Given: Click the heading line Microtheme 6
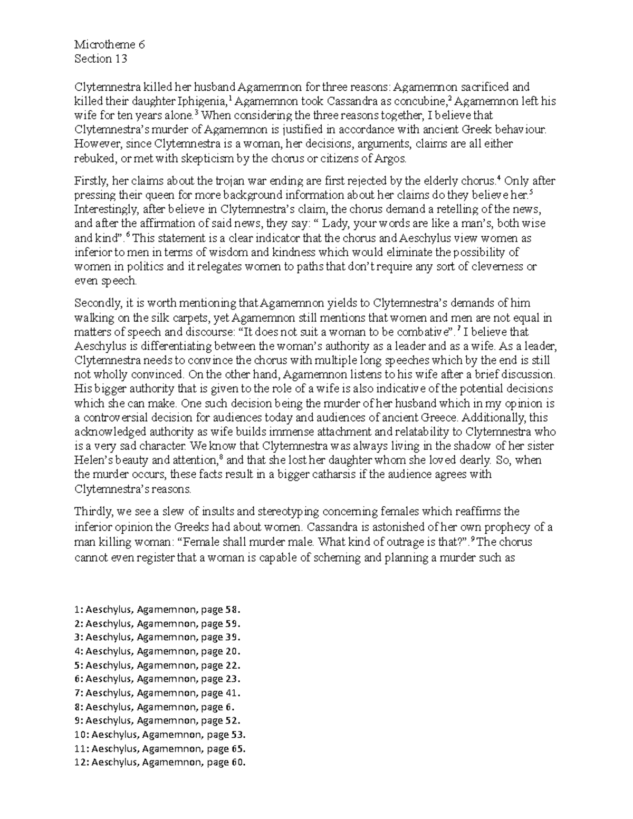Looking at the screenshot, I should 110,45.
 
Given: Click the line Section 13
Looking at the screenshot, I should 101,59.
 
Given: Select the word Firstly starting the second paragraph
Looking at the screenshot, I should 89,181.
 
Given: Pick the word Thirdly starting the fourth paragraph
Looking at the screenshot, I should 93,512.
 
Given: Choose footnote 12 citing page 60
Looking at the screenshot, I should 160,762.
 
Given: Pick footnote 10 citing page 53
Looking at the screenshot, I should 160,735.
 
